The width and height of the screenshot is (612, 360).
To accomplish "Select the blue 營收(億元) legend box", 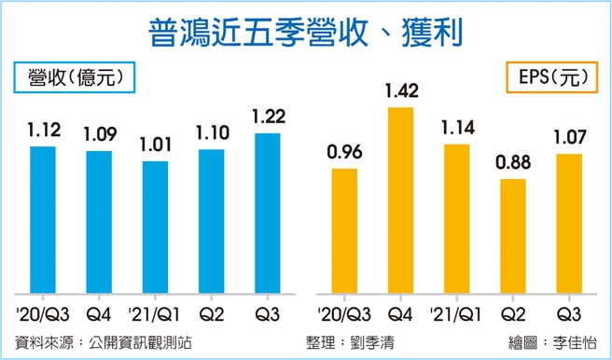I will [x=74, y=77].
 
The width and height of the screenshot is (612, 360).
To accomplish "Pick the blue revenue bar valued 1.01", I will [x=155, y=228].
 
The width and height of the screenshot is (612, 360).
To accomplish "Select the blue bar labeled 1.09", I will [x=99, y=223].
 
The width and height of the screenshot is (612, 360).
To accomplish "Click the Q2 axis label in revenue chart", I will [x=211, y=314].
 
